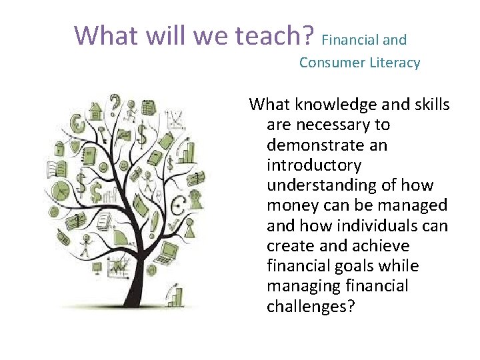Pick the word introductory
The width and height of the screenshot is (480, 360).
313,165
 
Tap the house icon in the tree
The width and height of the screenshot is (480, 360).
95,109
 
